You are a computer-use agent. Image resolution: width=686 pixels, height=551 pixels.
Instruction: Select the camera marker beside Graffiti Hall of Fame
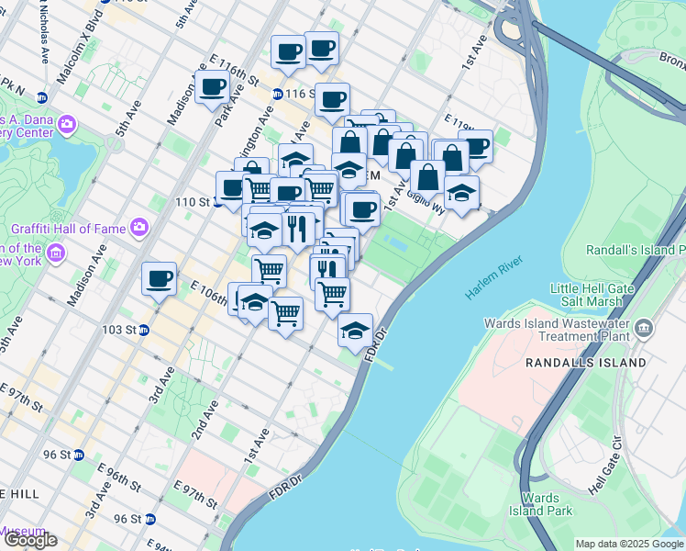[138, 226]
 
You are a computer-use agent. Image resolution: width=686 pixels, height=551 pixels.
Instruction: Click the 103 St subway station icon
[145, 330]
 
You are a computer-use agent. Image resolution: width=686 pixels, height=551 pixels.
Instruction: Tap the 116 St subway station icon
[278, 94]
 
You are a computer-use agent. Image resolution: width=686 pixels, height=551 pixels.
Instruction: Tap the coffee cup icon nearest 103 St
[159, 277]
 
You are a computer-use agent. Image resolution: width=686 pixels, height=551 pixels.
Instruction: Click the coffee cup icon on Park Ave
[213, 87]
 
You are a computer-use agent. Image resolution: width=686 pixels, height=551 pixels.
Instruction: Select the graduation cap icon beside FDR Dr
[355, 329]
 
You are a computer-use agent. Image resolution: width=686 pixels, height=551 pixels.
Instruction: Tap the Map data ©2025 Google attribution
[628, 544]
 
